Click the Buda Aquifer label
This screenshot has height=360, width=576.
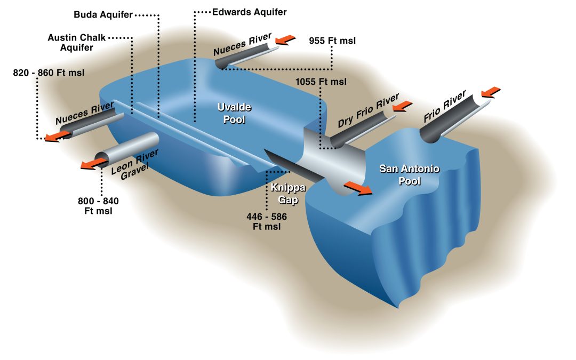click(103, 15)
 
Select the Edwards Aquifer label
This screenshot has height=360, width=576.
click(250, 12)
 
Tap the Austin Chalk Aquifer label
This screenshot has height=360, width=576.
click(77, 43)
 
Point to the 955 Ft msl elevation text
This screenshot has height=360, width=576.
click(332, 41)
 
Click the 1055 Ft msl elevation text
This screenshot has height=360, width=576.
click(321, 82)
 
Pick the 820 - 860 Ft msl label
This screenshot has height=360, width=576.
click(49, 73)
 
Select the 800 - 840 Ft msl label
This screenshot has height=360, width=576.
click(98, 206)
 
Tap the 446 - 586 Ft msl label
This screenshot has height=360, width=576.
click(267, 222)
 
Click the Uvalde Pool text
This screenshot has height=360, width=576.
click(234, 113)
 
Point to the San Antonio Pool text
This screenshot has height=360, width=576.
click(409, 175)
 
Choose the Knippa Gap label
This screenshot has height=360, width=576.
click(288, 194)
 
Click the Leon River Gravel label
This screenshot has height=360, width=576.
click(135, 165)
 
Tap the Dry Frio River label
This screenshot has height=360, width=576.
click(369, 110)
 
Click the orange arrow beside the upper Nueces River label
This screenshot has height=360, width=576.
click(285, 39)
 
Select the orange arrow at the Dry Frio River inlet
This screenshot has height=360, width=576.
click(402, 106)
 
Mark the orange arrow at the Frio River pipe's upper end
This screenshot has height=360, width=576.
click(491, 92)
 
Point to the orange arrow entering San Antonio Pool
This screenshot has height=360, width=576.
click(357, 189)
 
